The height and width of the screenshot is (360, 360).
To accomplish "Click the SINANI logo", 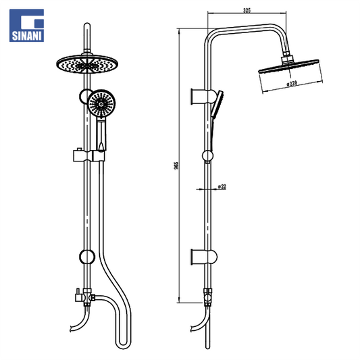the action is (x=26, y=25).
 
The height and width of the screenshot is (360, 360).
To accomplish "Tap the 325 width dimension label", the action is (x=247, y=10).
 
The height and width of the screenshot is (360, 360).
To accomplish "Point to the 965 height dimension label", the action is (x=176, y=165).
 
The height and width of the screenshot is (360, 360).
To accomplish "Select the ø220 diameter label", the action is (x=292, y=84).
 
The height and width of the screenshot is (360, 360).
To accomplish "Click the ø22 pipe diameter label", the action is (x=222, y=186).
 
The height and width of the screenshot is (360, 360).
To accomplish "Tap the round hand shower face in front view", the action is (x=101, y=103).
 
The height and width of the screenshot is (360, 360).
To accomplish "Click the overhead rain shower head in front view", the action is (x=87, y=64).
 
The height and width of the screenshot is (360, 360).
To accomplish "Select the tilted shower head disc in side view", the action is (x=289, y=66).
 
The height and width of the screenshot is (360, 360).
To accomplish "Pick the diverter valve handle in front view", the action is (x=78, y=296).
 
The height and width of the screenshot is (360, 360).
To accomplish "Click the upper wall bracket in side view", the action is (x=203, y=97).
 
